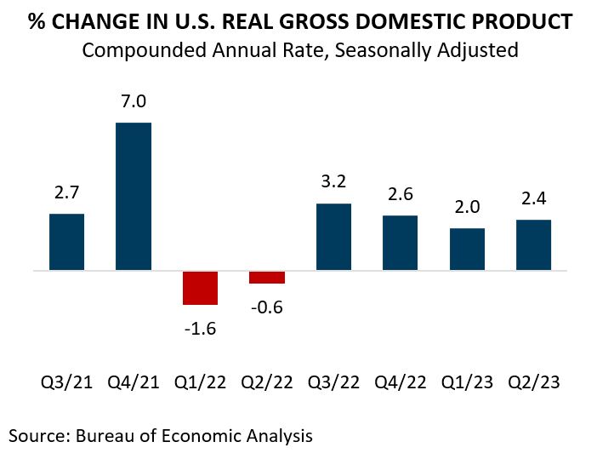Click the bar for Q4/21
coord(134,197)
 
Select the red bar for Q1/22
coord(200,288)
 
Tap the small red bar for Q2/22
coord(267,278)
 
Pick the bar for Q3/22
coord(333,238)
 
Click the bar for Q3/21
coord(66,243)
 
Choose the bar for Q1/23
coord(467,250)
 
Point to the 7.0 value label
coord(134,102)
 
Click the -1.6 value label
coord(200,328)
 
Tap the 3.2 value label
coord(333,183)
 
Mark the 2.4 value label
coord(533,199)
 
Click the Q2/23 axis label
coord(533,382)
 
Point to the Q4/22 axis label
coord(400,382)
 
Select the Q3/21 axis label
coord(66,382)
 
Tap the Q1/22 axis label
coord(200,382)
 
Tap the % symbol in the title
coord(36,21)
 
